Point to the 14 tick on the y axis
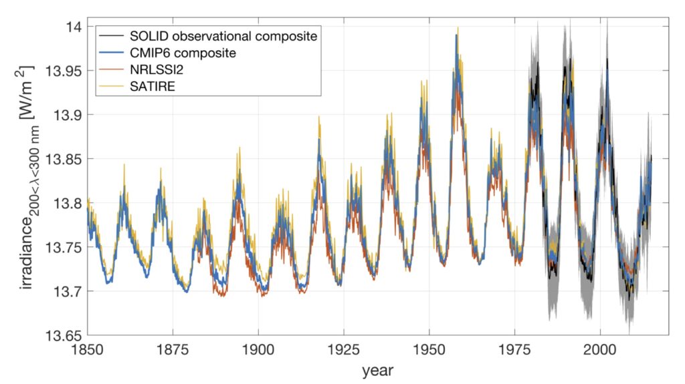coord(74,26)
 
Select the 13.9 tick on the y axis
coord(68,115)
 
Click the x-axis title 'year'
coord(377,370)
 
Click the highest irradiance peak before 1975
coord(458,27)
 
